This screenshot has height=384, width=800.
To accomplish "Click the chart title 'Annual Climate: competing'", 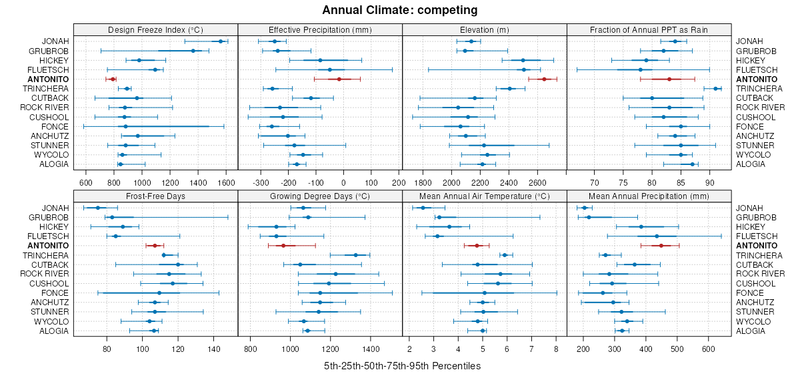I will tap(399, 10).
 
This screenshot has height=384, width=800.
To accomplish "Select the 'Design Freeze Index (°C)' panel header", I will tap(155, 29).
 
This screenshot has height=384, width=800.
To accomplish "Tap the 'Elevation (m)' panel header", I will tap(484, 29).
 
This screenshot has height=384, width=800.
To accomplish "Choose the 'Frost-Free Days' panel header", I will tap(155, 196).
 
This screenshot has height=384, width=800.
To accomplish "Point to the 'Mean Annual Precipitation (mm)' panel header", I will tap(649, 196).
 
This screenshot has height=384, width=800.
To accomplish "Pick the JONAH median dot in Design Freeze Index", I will tap(221, 41).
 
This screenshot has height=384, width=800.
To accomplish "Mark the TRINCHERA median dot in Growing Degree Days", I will tap(355, 255).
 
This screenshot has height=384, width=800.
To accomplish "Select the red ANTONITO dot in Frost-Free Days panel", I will tap(155, 246).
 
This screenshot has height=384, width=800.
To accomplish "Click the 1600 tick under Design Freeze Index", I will tap(226, 182).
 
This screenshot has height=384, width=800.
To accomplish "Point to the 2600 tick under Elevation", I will tap(537, 182).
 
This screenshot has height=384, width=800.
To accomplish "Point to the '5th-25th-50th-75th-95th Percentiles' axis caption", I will tap(402, 367).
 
